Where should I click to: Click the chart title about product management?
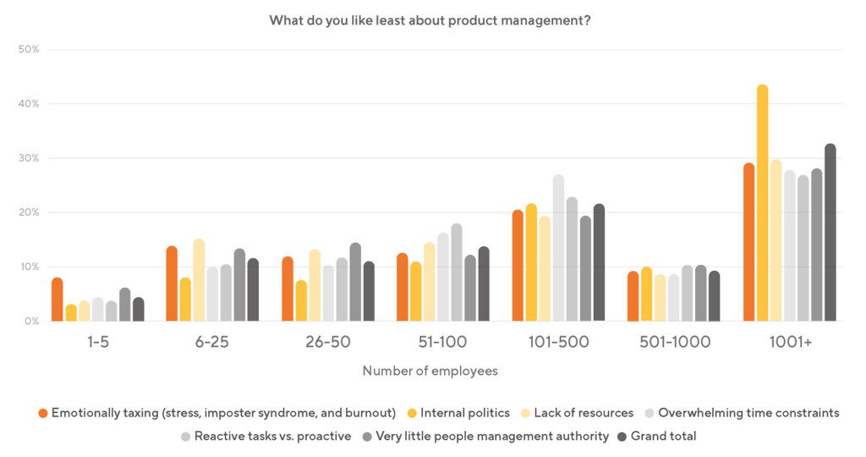430,20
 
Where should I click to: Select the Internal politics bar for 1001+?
762,203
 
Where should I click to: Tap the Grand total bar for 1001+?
830,233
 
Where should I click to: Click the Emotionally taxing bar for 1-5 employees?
58,300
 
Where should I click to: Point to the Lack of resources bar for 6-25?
199,280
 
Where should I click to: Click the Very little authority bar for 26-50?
355,282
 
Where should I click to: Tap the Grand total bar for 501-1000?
715,296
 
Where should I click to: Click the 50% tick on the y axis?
30,49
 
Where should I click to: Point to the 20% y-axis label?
30,212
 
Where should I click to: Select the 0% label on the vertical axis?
32,321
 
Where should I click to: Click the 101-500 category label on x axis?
558,343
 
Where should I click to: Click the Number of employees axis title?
430,371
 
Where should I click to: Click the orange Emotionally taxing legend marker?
42,413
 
